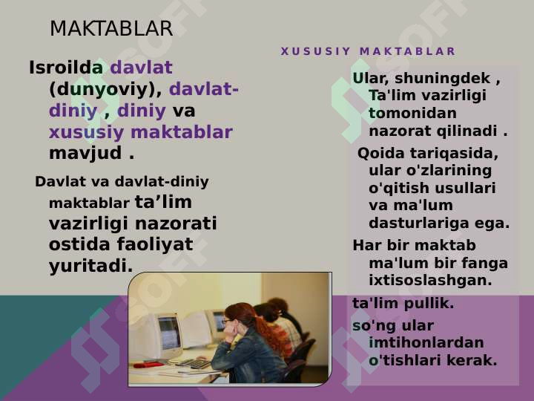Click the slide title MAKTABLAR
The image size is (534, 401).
coord(111,28)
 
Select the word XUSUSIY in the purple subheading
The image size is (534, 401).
coord(315,51)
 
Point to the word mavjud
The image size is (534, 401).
coord(85,153)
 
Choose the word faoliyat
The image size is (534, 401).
coord(155,244)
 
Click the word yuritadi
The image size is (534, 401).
coord(91,266)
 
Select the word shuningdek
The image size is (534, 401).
coord(443,79)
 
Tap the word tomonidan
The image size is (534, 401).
coord(412,113)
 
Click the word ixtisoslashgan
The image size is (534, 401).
coord(430,280)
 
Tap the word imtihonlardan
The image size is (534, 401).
coord(426,342)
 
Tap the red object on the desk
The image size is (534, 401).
coord(148,365)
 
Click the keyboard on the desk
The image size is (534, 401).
coord(194,363)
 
